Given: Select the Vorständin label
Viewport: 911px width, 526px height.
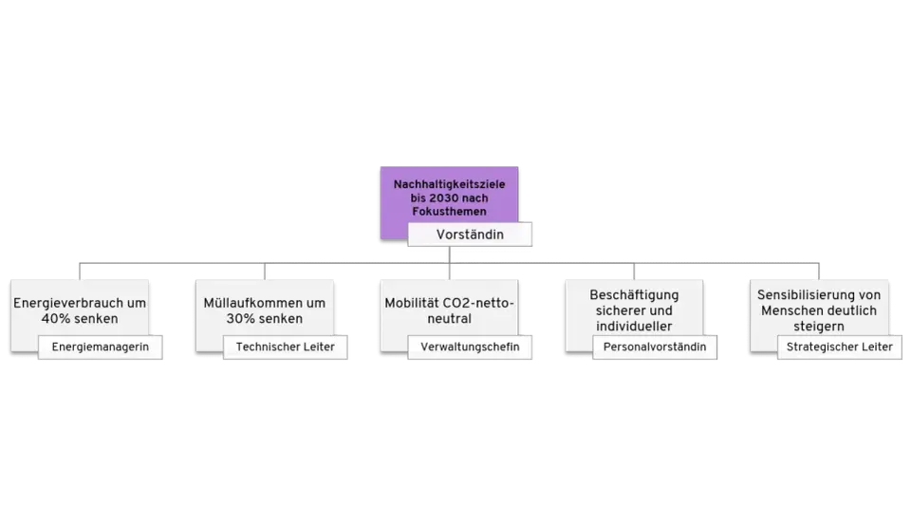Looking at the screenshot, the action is [x=470, y=235].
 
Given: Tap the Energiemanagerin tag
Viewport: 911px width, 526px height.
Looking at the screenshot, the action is [x=100, y=347].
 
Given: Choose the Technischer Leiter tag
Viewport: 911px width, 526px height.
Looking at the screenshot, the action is [x=286, y=347].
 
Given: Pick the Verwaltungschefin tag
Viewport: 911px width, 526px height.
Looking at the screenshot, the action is [x=470, y=347].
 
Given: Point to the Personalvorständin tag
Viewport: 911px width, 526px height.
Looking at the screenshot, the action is [x=655, y=347].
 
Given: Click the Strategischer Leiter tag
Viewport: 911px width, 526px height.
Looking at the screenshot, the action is [x=840, y=347].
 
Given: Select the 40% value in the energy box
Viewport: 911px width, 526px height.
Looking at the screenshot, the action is [x=55, y=318].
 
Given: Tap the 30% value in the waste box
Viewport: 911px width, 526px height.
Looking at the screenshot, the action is [x=240, y=318].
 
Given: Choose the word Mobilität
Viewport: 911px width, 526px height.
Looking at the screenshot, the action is [x=411, y=303].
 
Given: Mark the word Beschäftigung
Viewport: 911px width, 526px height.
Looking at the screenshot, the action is [x=634, y=296].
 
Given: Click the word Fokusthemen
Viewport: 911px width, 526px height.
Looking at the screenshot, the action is [x=449, y=212].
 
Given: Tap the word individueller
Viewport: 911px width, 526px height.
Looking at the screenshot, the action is [x=634, y=326].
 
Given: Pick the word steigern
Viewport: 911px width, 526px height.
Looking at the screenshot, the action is [x=819, y=327].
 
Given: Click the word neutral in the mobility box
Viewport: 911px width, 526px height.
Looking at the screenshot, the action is [x=449, y=318].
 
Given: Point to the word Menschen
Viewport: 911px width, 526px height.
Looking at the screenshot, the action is [x=788, y=311].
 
